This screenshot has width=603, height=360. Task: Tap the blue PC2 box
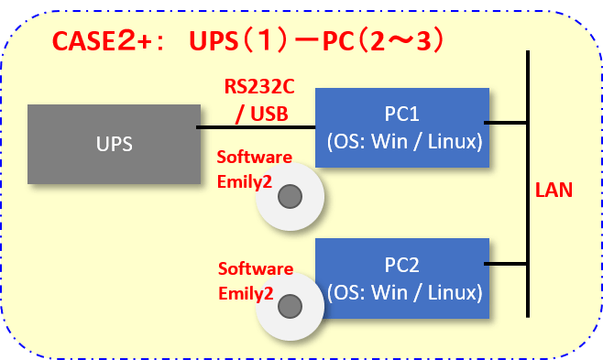(x=400, y=278)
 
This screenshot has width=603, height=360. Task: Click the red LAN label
(x=554, y=191)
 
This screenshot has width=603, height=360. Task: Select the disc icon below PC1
(x=291, y=196)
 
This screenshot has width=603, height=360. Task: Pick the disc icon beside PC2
(x=291, y=306)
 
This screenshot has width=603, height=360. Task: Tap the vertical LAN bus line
(x=529, y=183)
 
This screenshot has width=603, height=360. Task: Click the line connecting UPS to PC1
(x=257, y=127)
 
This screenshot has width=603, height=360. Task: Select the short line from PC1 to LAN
(x=506, y=122)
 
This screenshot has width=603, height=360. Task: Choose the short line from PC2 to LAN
(x=506, y=264)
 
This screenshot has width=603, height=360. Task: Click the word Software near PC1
(x=255, y=158)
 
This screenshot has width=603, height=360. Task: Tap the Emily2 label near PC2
(x=245, y=293)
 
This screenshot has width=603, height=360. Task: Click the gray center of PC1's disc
(x=291, y=196)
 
